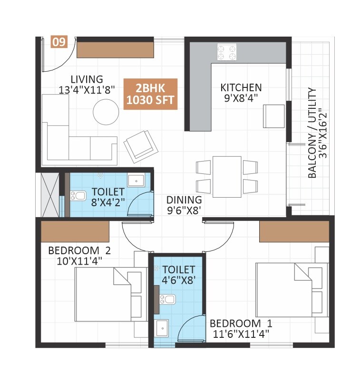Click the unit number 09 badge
58,42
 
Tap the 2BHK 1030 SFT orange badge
150,94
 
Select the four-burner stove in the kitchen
227,52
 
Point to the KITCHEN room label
241,88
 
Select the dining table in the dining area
227,176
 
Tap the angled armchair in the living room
140,144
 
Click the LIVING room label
87,79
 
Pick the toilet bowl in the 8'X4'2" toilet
77,195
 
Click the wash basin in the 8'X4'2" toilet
136,181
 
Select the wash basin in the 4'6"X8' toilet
162,328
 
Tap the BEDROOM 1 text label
241,323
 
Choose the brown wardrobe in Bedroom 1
294,231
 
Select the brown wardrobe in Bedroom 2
75,231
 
